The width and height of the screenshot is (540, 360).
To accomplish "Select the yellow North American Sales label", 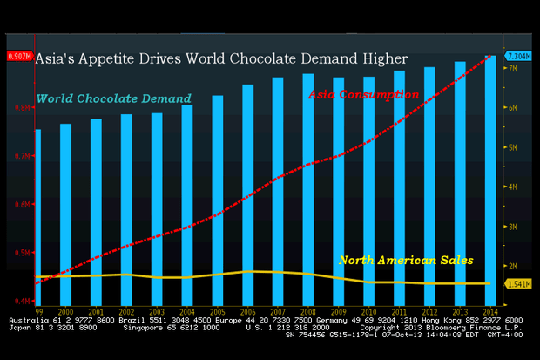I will click(405, 260).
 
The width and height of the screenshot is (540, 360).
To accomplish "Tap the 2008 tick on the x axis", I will click(308, 310).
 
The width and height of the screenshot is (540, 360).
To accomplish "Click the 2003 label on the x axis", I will click(157, 310).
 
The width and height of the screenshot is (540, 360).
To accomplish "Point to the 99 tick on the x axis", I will click(38, 310).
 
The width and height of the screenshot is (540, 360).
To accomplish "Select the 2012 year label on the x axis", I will click(430, 310).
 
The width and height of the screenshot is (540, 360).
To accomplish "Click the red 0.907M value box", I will click(18, 57).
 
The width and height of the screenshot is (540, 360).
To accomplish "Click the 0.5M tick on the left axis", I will click(18, 253).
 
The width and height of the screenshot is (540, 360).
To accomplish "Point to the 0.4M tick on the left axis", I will click(18, 301).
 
